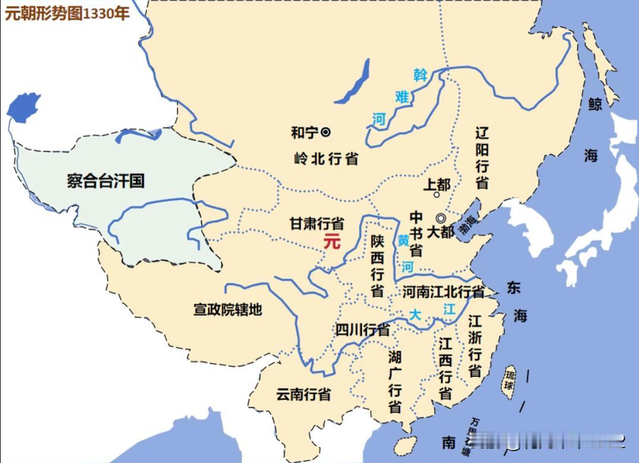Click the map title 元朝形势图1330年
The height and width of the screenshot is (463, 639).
click(x=67, y=14)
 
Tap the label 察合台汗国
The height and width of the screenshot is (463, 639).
click(x=106, y=181)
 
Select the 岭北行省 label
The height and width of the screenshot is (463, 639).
click(x=326, y=159)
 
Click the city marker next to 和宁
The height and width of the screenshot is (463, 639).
click(x=326, y=132)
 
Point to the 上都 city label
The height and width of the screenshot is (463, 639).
click(x=436, y=184)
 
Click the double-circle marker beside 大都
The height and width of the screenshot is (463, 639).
click(x=440, y=218)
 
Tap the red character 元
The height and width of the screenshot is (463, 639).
click(x=332, y=242)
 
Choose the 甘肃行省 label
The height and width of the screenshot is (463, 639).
click(x=316, y=223)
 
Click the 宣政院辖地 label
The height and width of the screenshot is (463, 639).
click(x=228, y=309)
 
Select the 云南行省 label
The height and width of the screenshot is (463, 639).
click(x=303, y=394)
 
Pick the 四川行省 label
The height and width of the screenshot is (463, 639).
click(x=363, y=330)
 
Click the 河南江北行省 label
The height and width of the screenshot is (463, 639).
click(x=443, y=292)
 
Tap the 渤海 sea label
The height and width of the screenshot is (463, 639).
click(x=468, y=223)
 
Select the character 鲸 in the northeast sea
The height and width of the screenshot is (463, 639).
click(x=594, y=105)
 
